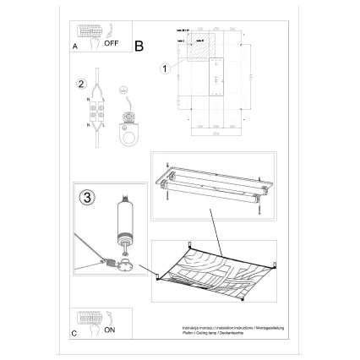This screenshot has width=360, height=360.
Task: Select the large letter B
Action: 140,46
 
